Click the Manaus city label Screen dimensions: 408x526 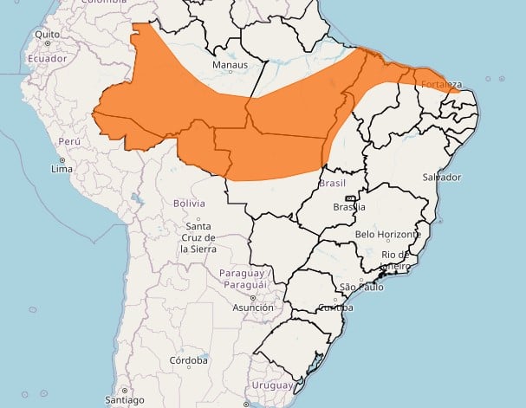coord(230,65)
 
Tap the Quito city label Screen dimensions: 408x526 coord(47,35)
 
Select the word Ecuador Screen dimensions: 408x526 coord(47,57)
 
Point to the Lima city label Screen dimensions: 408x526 coord(62,169)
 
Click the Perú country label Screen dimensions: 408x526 coord(68,140)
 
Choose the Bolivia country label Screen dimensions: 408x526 coord(188,203)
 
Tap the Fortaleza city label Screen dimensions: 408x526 coord(439,84)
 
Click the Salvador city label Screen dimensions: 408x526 coord(442,177)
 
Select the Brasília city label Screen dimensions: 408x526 coord(349,207)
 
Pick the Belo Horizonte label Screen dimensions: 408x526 coord(388,234)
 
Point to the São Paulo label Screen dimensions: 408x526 coord(360,286)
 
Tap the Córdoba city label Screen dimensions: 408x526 coord(189,359)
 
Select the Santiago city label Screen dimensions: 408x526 coord(124,400)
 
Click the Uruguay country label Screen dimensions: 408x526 coord(271,385)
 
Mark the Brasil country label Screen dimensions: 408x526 coord(333,184)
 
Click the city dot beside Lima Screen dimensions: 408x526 coord(62,160)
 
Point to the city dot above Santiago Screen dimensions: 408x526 coord(124,391)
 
